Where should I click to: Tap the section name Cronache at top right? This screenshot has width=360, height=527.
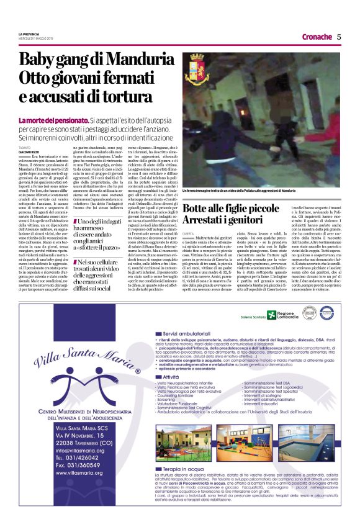point(317,37)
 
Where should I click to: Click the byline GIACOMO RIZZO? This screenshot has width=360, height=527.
point(29,150)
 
